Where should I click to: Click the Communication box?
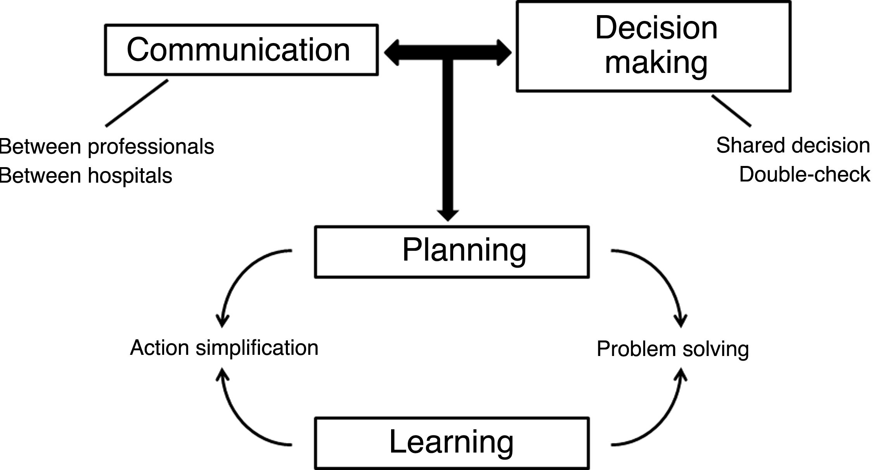click(x=241, y=50)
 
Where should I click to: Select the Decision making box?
click(x=653, y=47)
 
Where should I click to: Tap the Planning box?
click(x=452, y=252)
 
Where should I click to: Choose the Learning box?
click(x=452, y=443)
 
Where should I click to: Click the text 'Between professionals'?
click(x=107, y=147)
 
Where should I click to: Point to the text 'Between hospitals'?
click(x=86, y=175)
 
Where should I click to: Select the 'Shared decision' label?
click(x=793, y=146)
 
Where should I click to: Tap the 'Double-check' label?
click(x=804, y=175)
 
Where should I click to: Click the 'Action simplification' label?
click(x=224, y=347)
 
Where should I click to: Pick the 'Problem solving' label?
click(x=672, y=349)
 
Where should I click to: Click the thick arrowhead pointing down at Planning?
click(x=448, y=214)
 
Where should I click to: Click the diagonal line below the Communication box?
click(x=137, y=103)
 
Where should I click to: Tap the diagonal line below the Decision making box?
click(x=731, y=111)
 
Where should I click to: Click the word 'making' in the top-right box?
click(x=656, y=63)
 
